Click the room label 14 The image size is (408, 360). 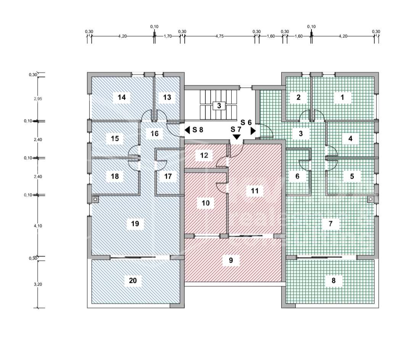click(x=121, y=97)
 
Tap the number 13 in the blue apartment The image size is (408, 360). click(x=167, y=97)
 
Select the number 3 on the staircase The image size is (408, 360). click(x=219, y=105)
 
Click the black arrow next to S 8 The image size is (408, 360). click(x=187, y=130)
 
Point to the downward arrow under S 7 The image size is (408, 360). click(x=237, y=137)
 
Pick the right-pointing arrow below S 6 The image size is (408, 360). click(x=253, y=131)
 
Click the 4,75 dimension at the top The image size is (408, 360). click(x=219, y=36)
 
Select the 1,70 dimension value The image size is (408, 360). click(x=167, y=36)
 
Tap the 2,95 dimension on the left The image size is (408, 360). click(x=38, y=98)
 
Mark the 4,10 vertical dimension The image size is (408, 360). click(x=38, y=226)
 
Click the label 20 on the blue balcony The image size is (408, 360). click(x=132, y=281)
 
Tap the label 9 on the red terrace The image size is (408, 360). click(x=231, y=260)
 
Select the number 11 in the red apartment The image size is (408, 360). click(x=255, y=191)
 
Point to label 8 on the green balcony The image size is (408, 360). click(x=334, y=281)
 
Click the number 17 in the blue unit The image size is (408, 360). click(x=168, y=176)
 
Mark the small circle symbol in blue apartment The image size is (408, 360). click(x=95, y=199)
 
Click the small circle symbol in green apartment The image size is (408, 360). click(x=370, y=199)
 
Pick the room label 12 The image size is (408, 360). click(x=204, y=155)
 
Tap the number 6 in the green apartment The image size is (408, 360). click(x=297, y=176)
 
